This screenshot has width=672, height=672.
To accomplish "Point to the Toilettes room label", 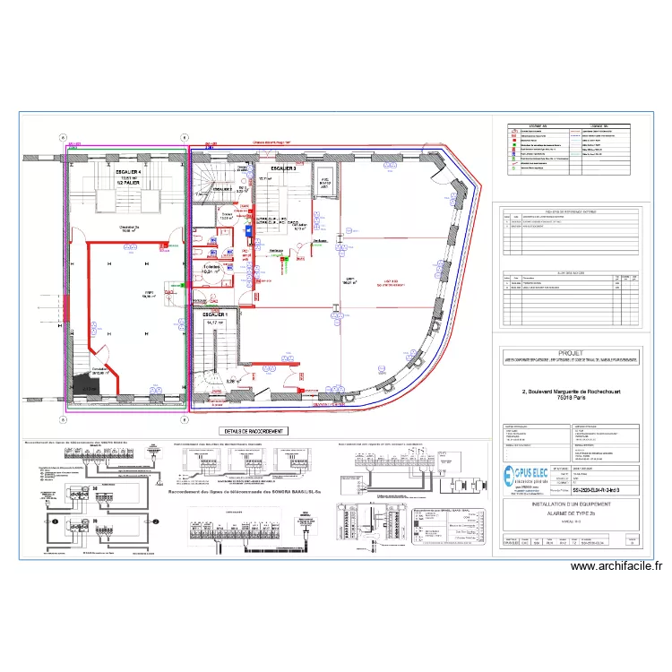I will pyautogui.click(x=212, y=267).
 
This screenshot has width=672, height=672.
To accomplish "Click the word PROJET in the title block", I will pyautogui.click(x=570, y=353).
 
